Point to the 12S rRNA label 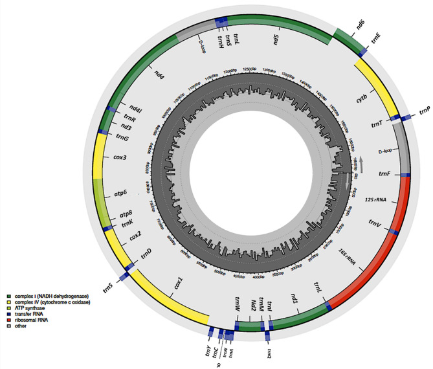point(375,199)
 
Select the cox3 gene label point(120,157)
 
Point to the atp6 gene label point(120,193)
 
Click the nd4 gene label point(159,76)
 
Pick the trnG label point(122,137)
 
